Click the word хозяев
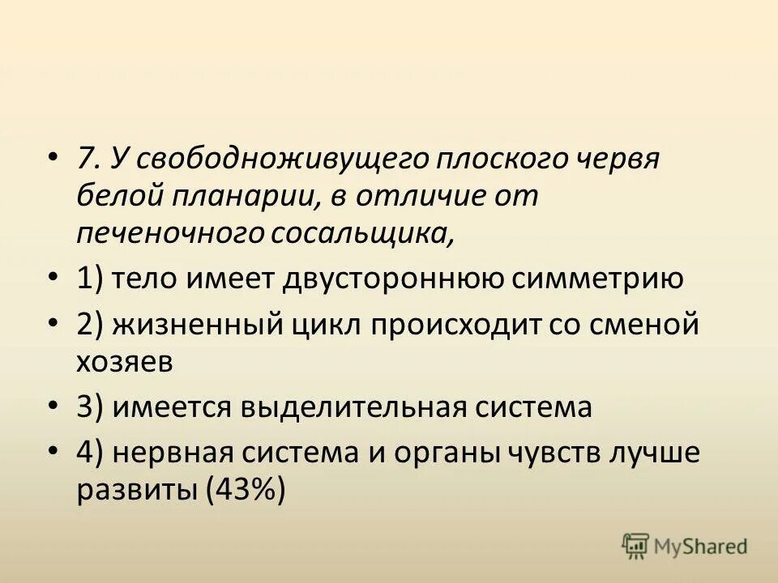click(125, 362)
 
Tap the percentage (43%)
click(247, 492)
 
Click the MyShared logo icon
click(636, 546)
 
